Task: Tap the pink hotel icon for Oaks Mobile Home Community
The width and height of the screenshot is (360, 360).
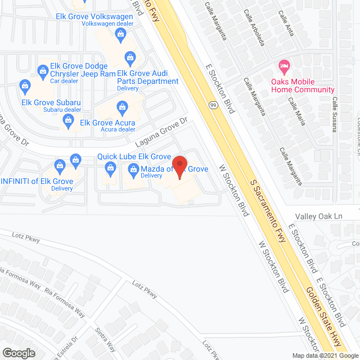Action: [x=285, y=66]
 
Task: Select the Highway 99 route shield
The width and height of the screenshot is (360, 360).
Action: [x=213, y=105]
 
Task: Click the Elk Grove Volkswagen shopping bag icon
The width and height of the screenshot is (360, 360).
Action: [x=120, y=35]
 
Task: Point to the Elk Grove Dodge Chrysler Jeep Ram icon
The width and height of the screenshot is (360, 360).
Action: [x=43, y=71]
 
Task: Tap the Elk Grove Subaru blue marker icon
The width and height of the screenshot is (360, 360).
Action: [x=24, y=86]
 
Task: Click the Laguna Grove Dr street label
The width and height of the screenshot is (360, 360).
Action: [x=160, y=133]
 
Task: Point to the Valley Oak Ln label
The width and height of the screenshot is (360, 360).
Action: [x=318, y=216]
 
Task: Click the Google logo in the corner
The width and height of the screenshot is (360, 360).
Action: [x=19, y=353]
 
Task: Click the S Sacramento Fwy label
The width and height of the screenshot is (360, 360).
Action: [x=268, y=210]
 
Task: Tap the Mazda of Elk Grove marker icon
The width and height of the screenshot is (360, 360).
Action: [x=134, y=169]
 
